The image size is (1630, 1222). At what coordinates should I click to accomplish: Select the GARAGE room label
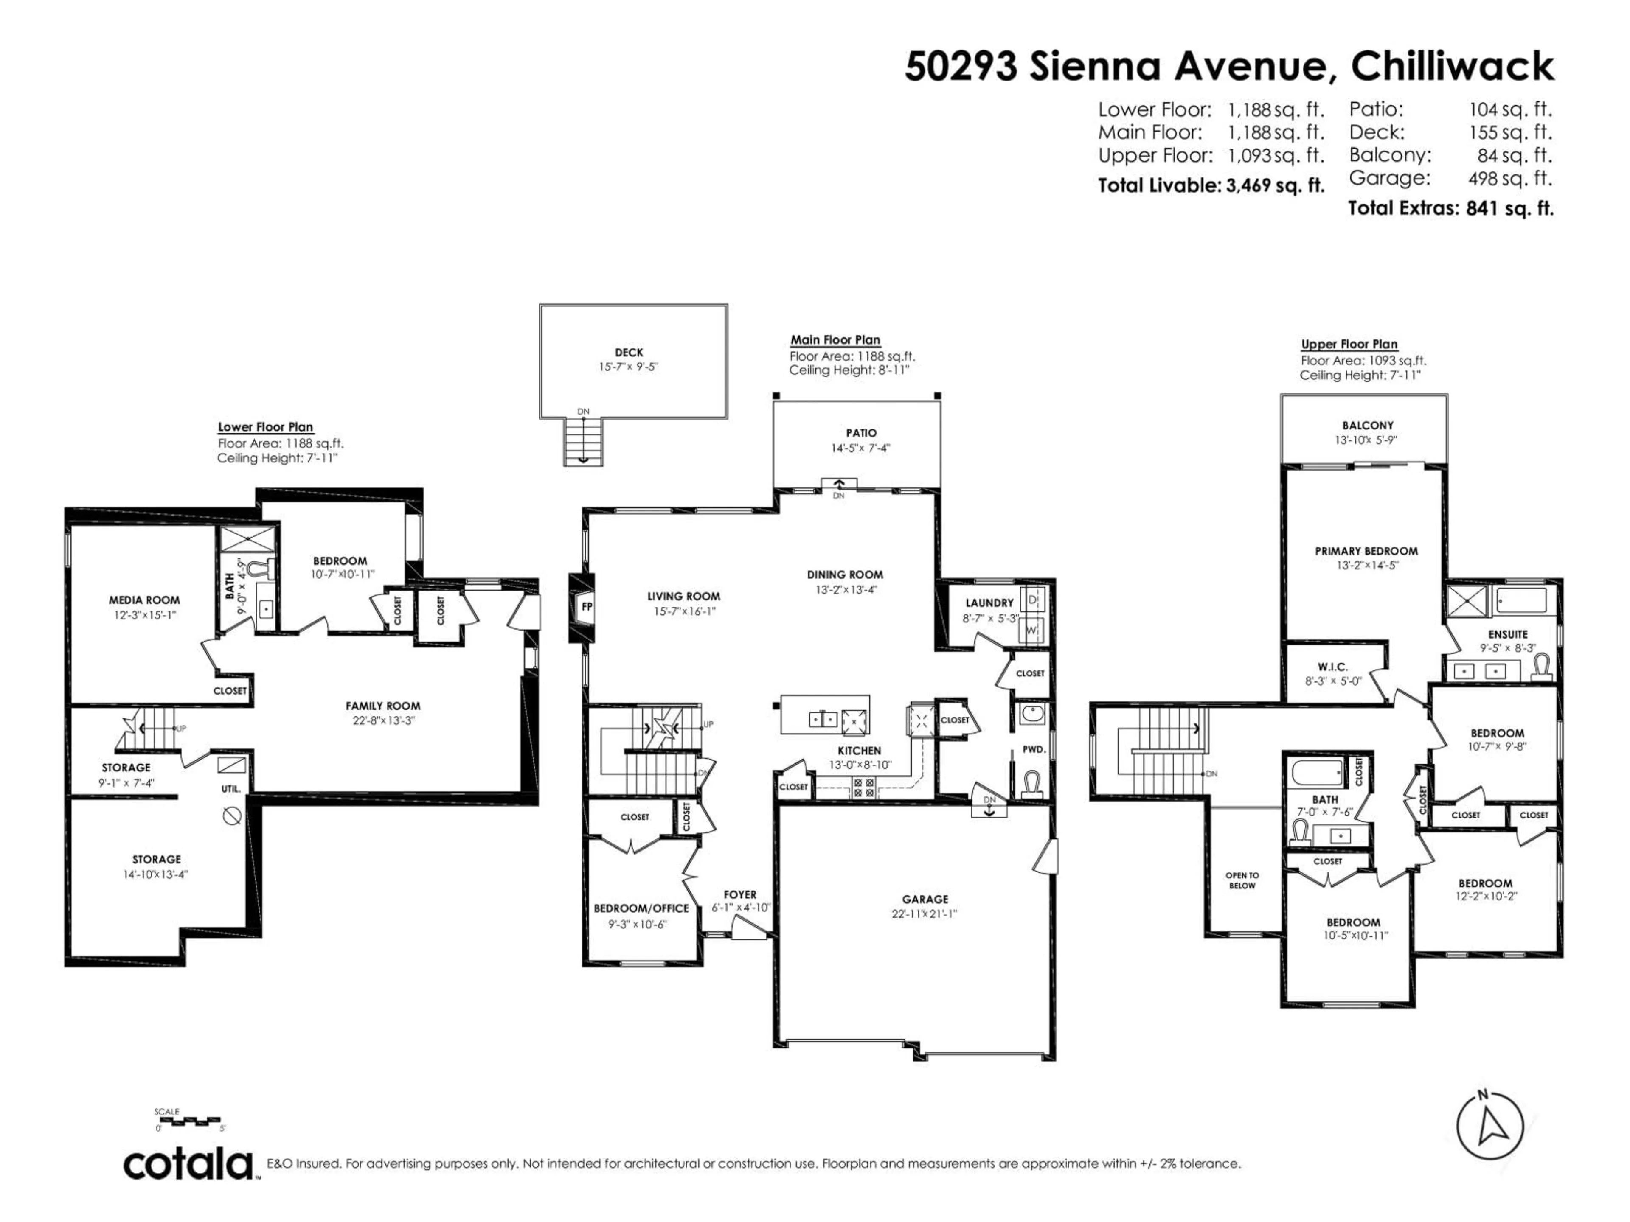925,900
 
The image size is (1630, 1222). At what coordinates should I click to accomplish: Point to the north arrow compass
1489,1127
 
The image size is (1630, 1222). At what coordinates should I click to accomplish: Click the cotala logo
188,1165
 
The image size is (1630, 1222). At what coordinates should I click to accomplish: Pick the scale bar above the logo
190,1122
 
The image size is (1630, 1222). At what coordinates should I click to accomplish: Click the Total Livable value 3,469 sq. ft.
1275,185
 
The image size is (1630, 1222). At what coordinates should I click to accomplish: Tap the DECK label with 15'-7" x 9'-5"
629,353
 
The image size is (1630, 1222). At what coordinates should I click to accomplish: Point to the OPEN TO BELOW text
1242,880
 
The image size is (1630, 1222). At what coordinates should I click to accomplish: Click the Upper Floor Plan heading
1349,344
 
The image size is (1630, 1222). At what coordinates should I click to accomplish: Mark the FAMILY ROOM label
382,706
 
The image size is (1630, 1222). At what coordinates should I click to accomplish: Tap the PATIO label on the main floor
861,433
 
